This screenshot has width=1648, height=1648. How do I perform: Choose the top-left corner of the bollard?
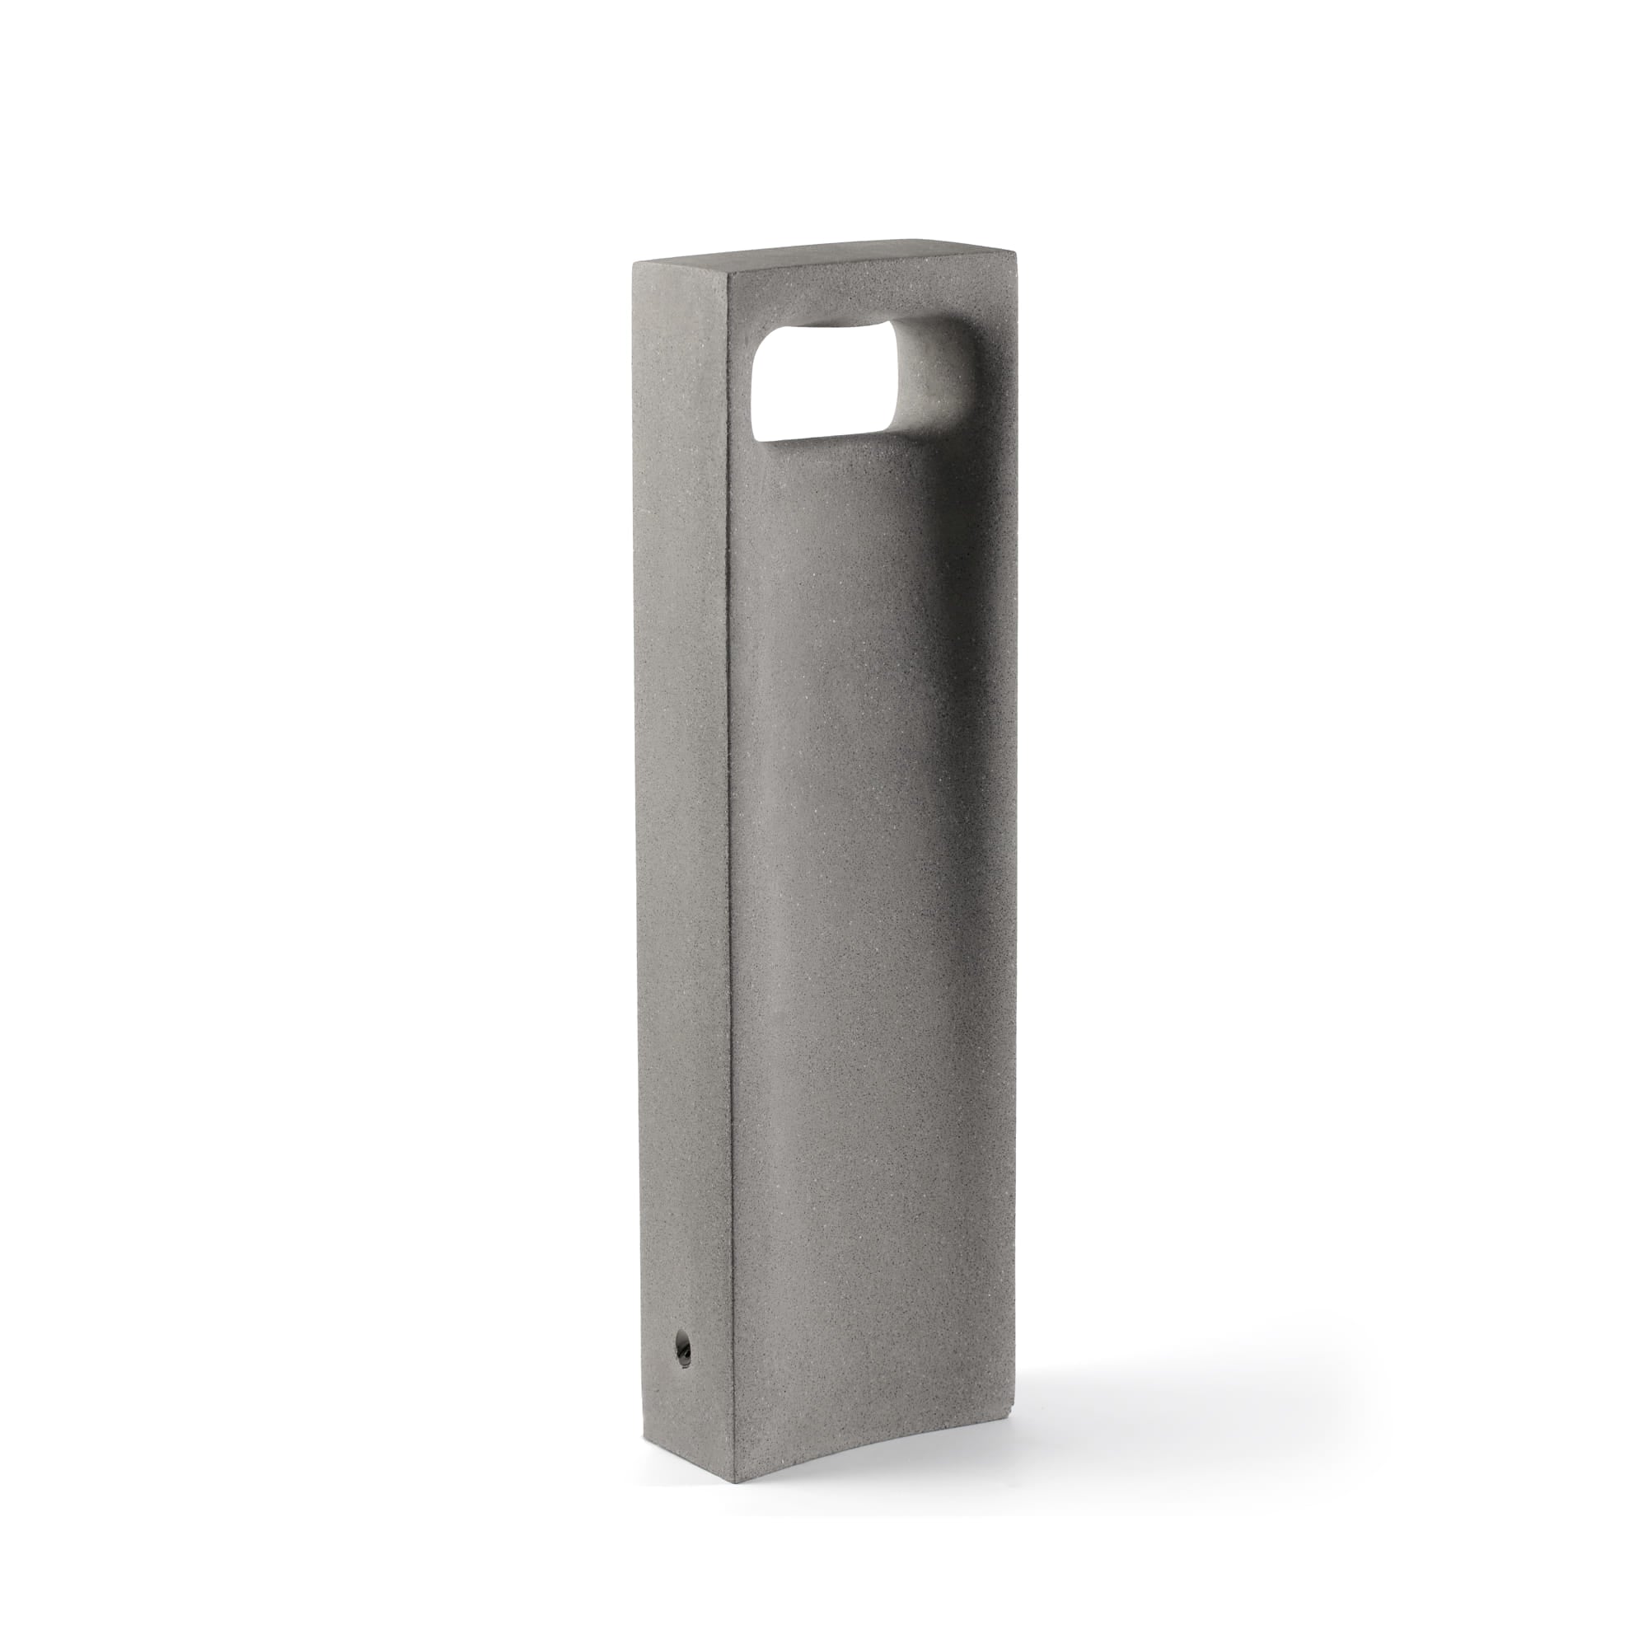click(x=631, y=263)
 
